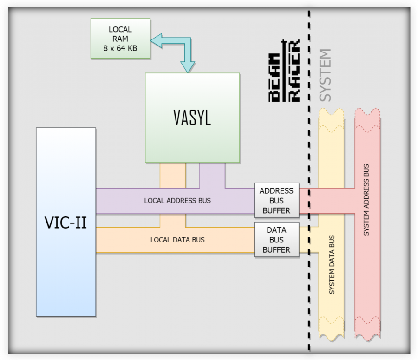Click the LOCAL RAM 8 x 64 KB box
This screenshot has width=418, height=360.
121,39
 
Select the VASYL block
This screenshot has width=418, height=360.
192,118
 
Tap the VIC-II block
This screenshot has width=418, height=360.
66,222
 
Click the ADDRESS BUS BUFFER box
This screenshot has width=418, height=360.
276,200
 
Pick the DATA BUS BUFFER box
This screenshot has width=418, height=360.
276,240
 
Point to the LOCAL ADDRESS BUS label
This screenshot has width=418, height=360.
177,201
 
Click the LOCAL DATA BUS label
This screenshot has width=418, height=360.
177,240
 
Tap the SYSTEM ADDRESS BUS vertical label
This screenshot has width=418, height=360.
366,200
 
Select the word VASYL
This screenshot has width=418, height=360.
192,118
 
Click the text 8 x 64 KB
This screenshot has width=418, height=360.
121,48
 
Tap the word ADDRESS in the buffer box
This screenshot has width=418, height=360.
276,191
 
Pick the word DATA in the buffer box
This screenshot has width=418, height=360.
276,230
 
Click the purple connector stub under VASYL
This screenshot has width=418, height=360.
212,175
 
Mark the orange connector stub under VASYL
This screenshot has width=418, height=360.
173,175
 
